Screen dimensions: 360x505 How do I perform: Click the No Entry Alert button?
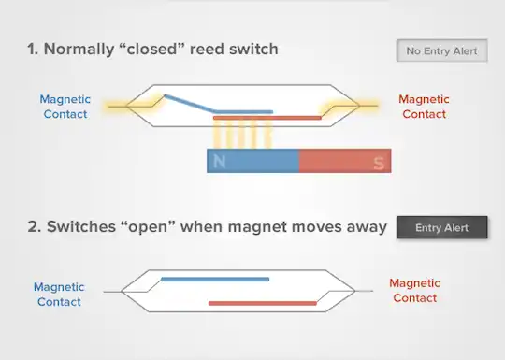pos(442,50)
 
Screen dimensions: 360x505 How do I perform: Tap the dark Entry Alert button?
pos(442,227)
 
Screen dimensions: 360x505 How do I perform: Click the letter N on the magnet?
pos(221,163)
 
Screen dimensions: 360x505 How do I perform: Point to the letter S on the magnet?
pos(378,163)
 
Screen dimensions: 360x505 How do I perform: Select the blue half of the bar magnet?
pos(252,162)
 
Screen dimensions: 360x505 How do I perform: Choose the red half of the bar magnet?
pos(344,162)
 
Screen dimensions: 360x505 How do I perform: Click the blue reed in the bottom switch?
pos(215,279)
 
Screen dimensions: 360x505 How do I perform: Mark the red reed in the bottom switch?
pos(262,303)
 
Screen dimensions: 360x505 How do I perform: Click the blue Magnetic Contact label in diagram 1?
pos(65,106)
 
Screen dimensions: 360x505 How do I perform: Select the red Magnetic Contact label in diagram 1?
pos(424,106)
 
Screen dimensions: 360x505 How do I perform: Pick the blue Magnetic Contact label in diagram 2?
pos(59,295)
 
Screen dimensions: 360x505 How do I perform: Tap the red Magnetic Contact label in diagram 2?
pos(414,290)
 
